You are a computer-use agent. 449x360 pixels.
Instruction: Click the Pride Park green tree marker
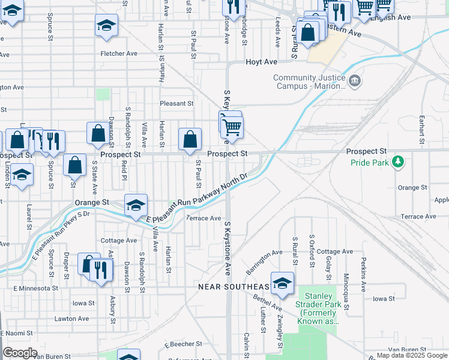(x=397, y=162)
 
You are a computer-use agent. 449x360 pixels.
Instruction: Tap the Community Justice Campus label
(x=309, y=82)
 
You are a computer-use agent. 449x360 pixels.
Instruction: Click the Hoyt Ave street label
(x=261, y=62)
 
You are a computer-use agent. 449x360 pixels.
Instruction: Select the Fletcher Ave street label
(x=119, y=53)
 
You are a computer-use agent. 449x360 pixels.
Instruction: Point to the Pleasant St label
(x=176, y=103)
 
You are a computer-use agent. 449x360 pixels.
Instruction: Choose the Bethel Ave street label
(x=267, y=302)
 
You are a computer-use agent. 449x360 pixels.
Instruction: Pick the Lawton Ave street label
(x=72, y=319)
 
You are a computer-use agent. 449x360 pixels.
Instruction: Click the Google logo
(x=20, y=353)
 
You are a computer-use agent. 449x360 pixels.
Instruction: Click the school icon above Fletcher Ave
(x=106, y=25)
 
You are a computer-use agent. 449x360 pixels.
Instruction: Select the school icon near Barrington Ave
(x=282, y=283)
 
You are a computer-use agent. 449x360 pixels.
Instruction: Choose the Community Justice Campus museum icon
(x=355, y=80)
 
